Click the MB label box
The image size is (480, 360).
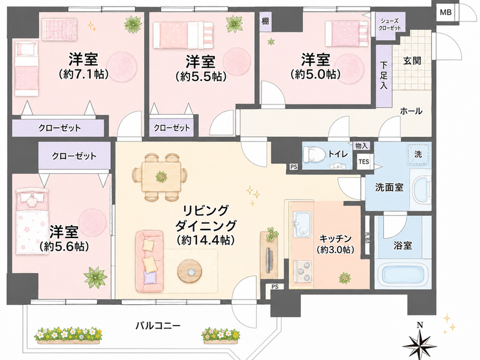(x=446, y=12)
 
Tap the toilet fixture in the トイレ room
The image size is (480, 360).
(x=315, y=154)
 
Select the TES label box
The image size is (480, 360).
(x=364, y=162)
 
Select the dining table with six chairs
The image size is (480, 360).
(x=160, y=177)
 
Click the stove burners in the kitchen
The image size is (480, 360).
(x=302, y=271)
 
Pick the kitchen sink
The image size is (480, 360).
(x=302, y=224)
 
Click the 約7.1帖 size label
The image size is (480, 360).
(x=84, y=75)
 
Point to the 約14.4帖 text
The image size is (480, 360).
(x=206, y=240)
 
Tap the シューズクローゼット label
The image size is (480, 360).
(x=389, y=25)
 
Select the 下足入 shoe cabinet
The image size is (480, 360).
(x=383, y=76)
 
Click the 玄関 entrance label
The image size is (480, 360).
(x=412, y=60)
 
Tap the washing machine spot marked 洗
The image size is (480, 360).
(x=418, y=154)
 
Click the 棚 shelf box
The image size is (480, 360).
(x=265, y=21)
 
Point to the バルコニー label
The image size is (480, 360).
(x=158, y=326)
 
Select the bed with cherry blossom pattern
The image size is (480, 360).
(x=32, y=221)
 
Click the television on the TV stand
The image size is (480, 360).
(x=269, y=259)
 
